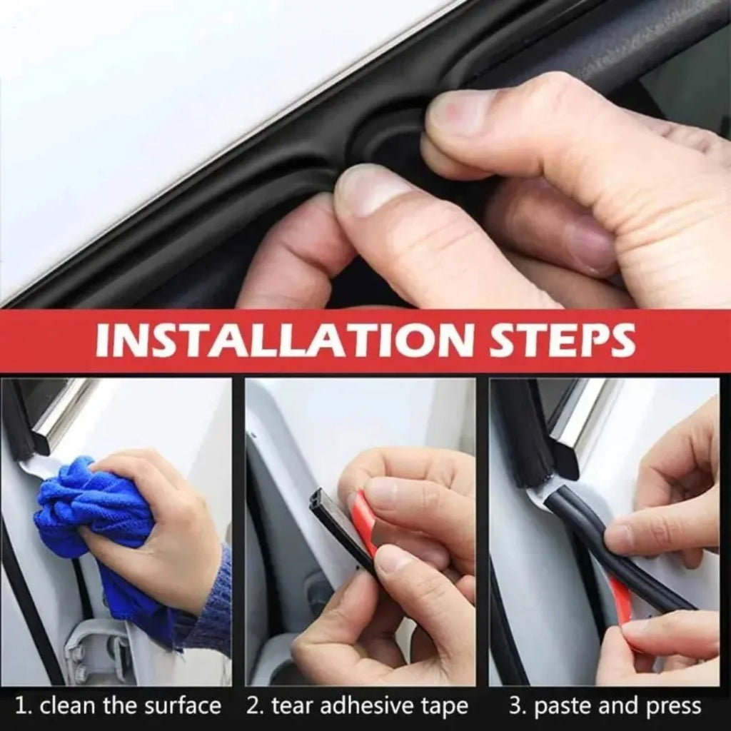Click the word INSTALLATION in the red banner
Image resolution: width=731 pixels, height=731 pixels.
coord(278,341)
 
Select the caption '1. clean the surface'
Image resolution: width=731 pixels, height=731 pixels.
coord(119,707)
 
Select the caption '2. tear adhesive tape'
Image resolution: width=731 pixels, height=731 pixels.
coord(358,707)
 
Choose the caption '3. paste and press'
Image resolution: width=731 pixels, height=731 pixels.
coord(605,707)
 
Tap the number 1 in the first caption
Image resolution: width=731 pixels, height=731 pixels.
coord(21,707)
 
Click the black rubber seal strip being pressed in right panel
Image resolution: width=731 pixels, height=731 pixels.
coord(607,550)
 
